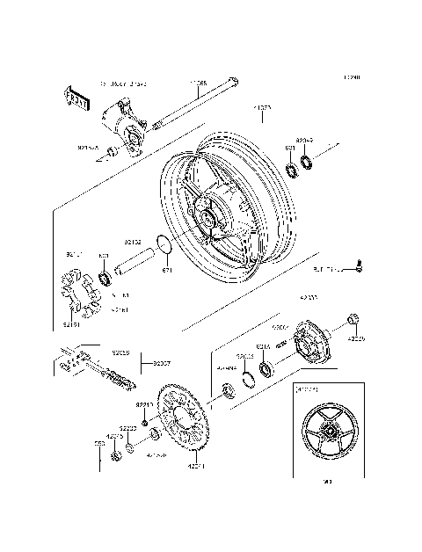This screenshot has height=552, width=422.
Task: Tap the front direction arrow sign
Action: tap(77, 98)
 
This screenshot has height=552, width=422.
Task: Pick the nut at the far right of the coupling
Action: tap(353, 318)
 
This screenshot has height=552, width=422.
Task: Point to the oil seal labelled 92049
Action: tap(306, 161)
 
